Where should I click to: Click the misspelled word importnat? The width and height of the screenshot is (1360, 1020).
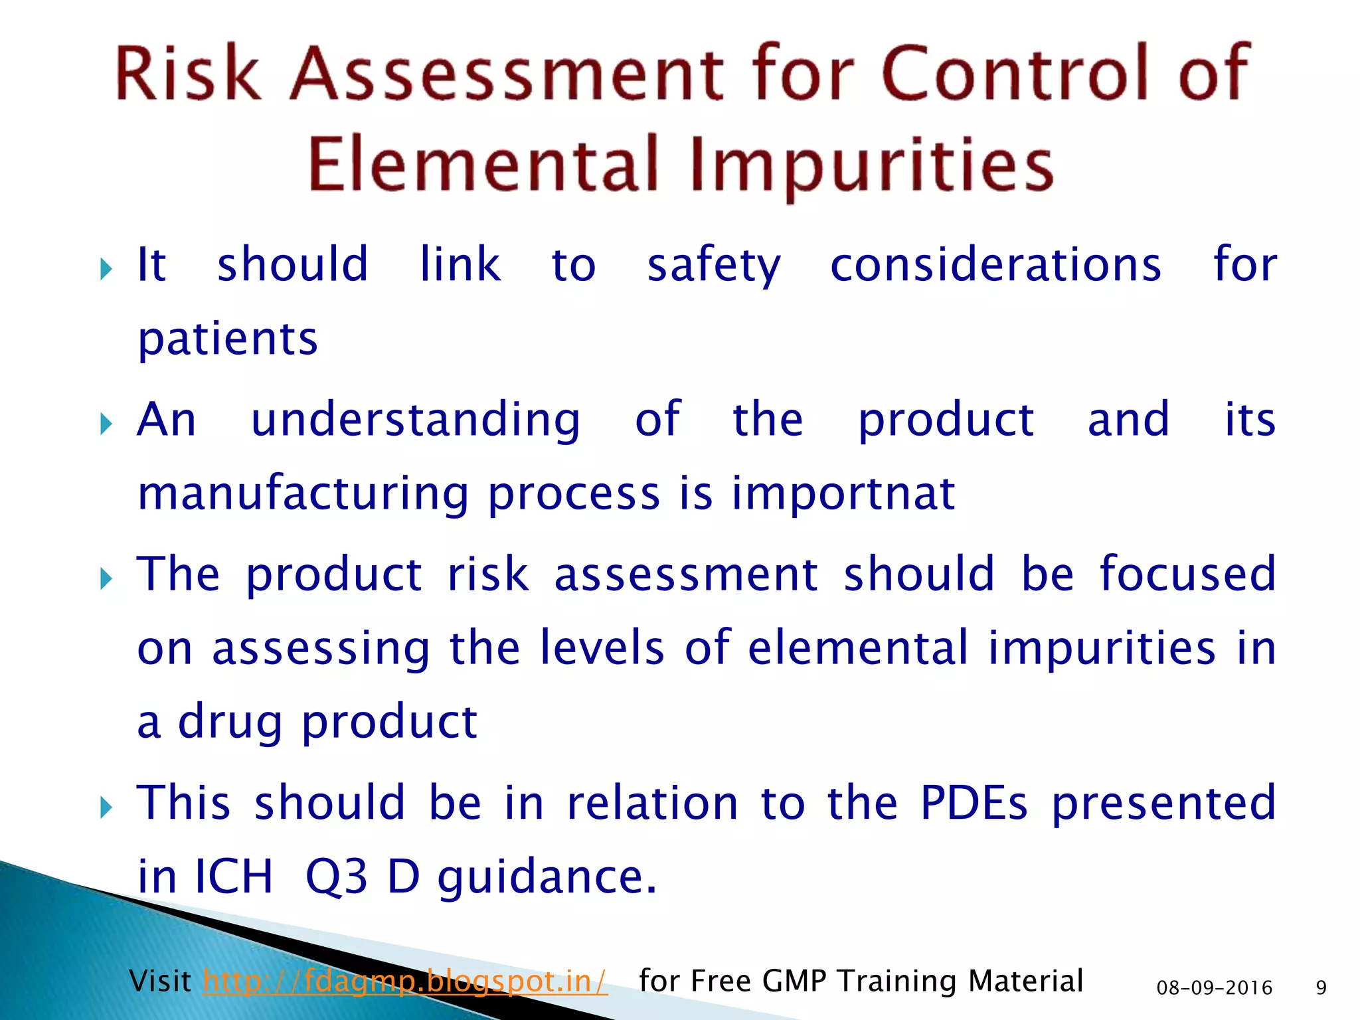(x=843, y=493)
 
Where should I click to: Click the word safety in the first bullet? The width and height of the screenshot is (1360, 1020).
(x=714, y=265)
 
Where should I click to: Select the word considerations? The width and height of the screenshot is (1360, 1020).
(x=995, y=265)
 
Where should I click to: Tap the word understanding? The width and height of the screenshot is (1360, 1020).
(x=416, y=420)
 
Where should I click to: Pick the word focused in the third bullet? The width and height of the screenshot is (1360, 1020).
(x=1187, y=574)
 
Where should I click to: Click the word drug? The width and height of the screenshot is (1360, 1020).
(x=230, y=722)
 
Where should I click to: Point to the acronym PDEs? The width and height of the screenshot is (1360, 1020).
(x=974, y=802)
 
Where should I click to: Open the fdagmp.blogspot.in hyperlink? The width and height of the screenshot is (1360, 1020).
(x=405, y=981)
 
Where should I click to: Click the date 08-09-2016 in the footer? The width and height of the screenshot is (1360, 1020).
(x=1214, y=988)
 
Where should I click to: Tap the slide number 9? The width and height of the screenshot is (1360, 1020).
(x=1321, y=988)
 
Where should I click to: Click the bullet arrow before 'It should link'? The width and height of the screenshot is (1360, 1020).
(x=106, y=270)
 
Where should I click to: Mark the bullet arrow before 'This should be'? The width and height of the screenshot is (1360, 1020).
(x=106, y=808)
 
